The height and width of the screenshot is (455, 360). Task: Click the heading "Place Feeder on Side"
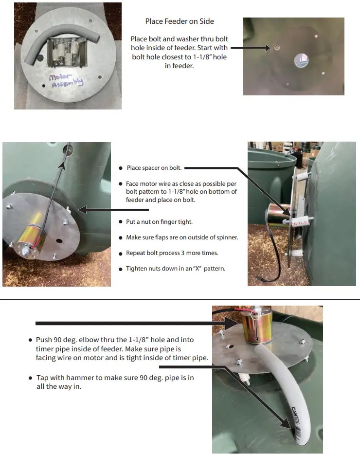(180, 21)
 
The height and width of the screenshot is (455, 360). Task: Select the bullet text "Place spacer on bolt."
(154, 168)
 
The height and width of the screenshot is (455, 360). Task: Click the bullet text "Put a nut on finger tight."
(159, 221)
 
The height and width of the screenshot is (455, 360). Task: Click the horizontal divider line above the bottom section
(180, 300)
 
